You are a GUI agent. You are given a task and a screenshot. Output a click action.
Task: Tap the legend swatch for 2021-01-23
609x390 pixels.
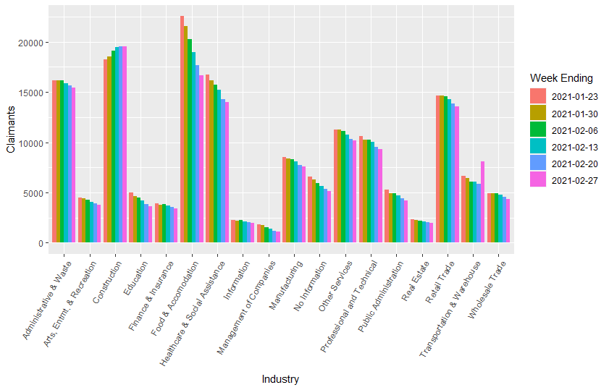point(538,96)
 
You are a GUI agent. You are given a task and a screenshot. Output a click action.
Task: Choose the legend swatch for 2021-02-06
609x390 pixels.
point(538,129)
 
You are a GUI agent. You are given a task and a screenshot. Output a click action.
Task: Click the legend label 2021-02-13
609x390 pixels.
point(574,145)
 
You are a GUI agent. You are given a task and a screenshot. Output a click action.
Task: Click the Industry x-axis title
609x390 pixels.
point(280,379)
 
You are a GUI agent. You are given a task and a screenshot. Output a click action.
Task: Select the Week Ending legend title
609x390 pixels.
point(561,77)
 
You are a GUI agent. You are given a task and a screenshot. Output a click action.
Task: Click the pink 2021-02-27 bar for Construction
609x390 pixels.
point(125,145)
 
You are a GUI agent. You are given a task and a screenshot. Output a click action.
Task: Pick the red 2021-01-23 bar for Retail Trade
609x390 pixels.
point(438,169)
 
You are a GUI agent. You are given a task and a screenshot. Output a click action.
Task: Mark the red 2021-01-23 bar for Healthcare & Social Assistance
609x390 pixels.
point(207,159)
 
